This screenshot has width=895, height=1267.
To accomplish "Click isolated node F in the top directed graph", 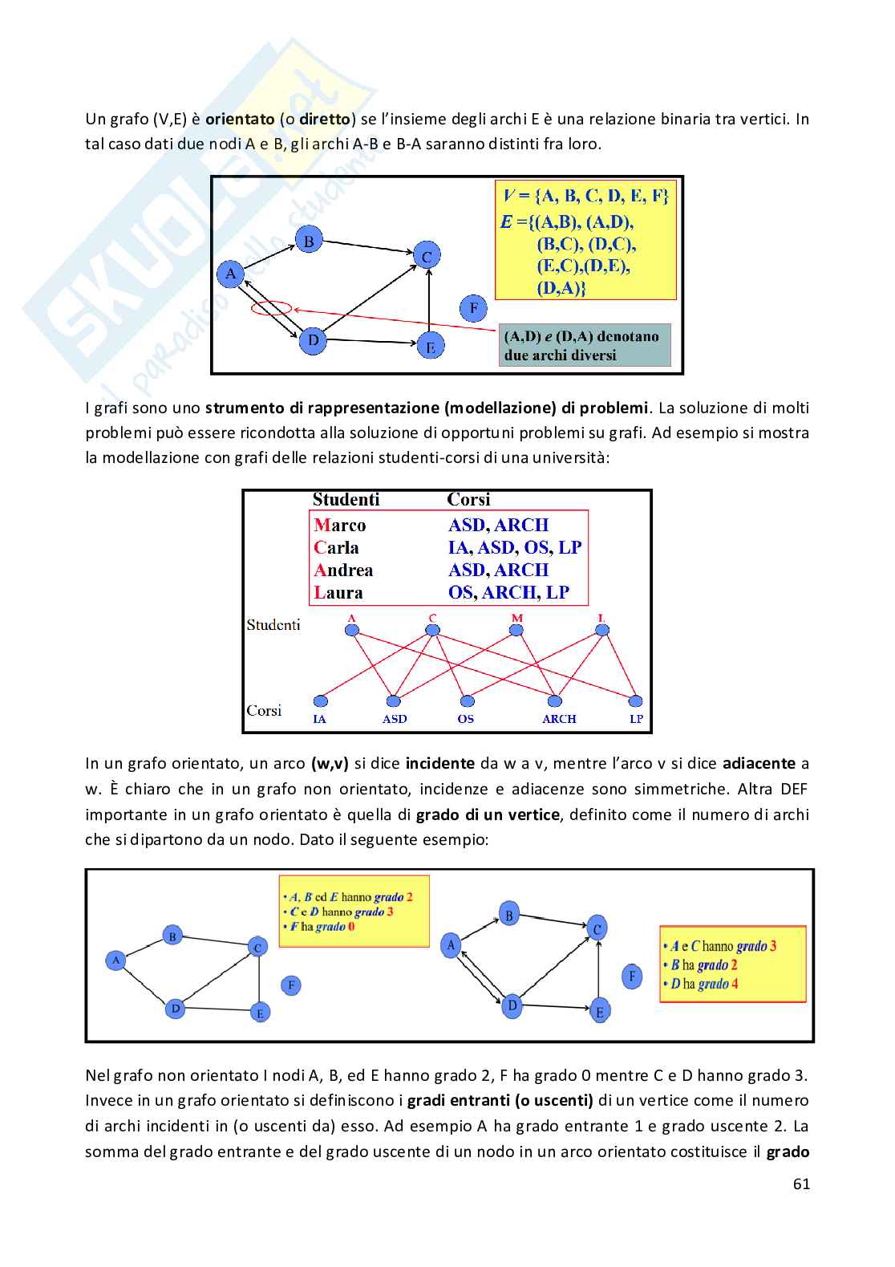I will tap(473, 308).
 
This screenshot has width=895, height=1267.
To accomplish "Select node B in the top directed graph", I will tap(309, 240).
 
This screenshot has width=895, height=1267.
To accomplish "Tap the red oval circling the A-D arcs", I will tap(270, 307).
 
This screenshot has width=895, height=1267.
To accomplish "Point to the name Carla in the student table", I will tap(336, 548).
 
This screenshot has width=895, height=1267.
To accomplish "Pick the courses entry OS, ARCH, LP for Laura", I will tap(508, 593).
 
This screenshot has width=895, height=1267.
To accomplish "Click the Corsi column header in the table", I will tap(468, 500).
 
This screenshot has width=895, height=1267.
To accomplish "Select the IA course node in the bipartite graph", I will tap(321, 701).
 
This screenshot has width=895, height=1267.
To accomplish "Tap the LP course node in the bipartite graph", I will tap(636, 701).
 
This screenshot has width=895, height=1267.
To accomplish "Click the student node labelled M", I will tap(516, 630).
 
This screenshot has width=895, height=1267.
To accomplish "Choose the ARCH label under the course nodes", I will tap(559, 719).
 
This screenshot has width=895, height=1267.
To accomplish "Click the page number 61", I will tap(801, 1184).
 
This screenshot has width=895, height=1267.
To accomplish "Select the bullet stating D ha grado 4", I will tap(700, 985).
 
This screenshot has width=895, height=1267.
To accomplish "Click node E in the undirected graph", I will tap(259, 1013).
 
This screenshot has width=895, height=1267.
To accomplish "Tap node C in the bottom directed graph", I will tap(597, 929).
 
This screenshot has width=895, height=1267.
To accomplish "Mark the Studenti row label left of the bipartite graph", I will tap(273, 624).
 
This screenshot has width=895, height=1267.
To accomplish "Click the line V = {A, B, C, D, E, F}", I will tap(585, 196).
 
